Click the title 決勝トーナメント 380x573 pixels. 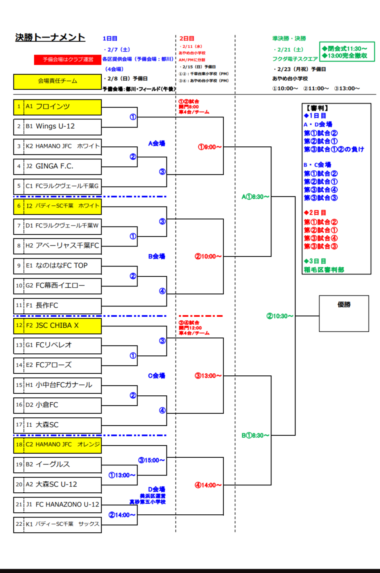[x=50, y=37]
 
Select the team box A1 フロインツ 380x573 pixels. [x=58, y=107]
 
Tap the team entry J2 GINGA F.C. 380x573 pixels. [x=58, y=166]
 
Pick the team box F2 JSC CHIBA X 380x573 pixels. [x=58, y=326]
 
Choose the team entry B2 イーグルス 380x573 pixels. [x=58, y=465]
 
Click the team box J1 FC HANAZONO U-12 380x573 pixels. [x=58, y=505]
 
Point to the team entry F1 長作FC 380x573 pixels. [x=58, y=305]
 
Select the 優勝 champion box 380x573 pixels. [x=344, y=313]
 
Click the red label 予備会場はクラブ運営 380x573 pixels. [x=68, y=60]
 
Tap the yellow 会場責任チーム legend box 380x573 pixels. [x=58, y=81]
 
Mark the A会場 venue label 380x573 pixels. [x=156, y=143]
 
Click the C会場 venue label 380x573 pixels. [x=156, y=376]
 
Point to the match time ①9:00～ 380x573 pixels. [x=210, y=147]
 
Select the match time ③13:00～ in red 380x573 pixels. [x=208, y=376]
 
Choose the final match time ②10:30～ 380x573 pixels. [x=280, y=316]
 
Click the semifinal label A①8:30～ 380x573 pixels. [x=256, y=197]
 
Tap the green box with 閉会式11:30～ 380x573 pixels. [x=347, y=52]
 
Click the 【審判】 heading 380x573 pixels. [x=318, y=108]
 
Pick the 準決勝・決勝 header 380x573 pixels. [x=289, y=38]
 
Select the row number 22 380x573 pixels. [x=19, y=524]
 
